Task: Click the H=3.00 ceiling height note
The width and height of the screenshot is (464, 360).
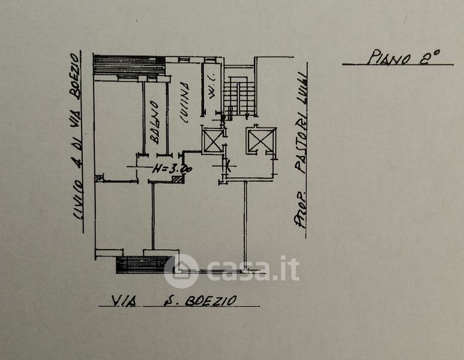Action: point(170,170)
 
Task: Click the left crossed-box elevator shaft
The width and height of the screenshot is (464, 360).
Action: point(213,142)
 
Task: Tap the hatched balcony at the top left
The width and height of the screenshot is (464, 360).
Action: point(129,65)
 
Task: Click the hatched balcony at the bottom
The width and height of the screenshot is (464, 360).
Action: point(142,265)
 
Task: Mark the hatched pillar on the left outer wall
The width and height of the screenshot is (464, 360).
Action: point(99,178)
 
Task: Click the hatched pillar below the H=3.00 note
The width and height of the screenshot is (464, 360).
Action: point(176,180)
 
